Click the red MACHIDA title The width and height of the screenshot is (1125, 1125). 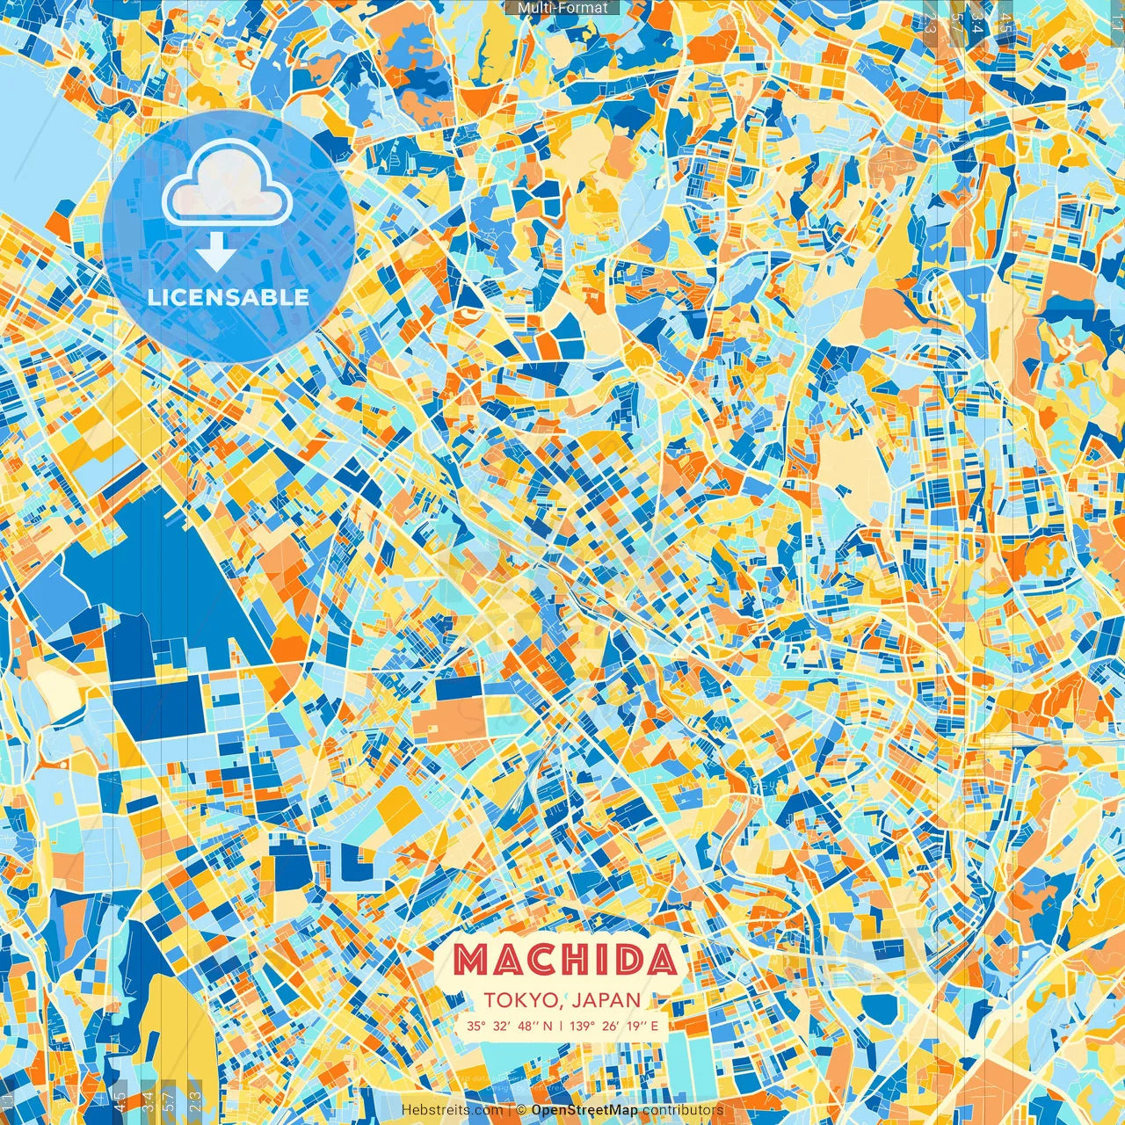coord(566,960)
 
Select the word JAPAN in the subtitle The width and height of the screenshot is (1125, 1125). coord(607,1000)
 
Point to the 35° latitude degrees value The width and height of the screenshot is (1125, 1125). coord(476,1026)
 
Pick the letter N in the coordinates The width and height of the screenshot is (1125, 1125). coord(548,1026)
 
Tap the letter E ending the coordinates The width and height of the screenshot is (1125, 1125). coord(654,1026)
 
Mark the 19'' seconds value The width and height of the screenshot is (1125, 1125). coord(640,1026)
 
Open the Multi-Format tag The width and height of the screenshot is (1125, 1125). coord(562,8)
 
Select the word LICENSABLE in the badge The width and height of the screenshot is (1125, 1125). coord(229,297)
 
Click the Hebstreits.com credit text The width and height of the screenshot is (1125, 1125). coord(452,1110)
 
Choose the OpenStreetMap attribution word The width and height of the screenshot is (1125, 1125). coord(584,1110)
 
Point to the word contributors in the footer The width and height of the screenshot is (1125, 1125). coord(682,1110)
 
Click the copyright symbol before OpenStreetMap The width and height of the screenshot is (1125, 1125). coord(521,1110)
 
